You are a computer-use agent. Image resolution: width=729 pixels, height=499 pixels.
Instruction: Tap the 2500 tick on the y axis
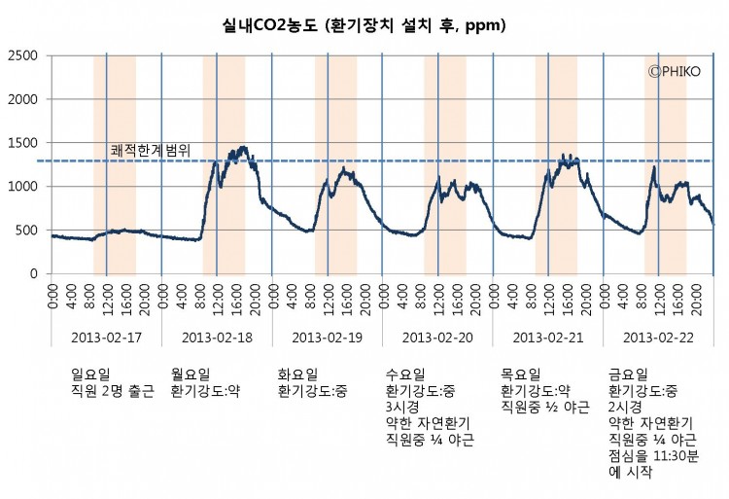click(x=23, y=55)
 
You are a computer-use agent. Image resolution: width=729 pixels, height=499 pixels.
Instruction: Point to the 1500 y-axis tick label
click(x=23, y=143)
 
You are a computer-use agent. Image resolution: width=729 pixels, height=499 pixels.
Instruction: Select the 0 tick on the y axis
click(x=33, y=274)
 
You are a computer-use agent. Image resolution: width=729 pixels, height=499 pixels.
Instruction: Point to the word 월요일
click(x=190, y=374)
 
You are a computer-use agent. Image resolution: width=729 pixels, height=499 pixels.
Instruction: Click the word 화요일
click(x=297, y=374)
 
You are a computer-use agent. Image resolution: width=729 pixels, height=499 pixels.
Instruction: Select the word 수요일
click(x=406, y=374)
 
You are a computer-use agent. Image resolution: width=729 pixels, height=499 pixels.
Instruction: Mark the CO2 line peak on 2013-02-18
click(x=242, y=148)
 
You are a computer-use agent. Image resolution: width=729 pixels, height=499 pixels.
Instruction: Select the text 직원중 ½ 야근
click(x=544, y=408)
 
